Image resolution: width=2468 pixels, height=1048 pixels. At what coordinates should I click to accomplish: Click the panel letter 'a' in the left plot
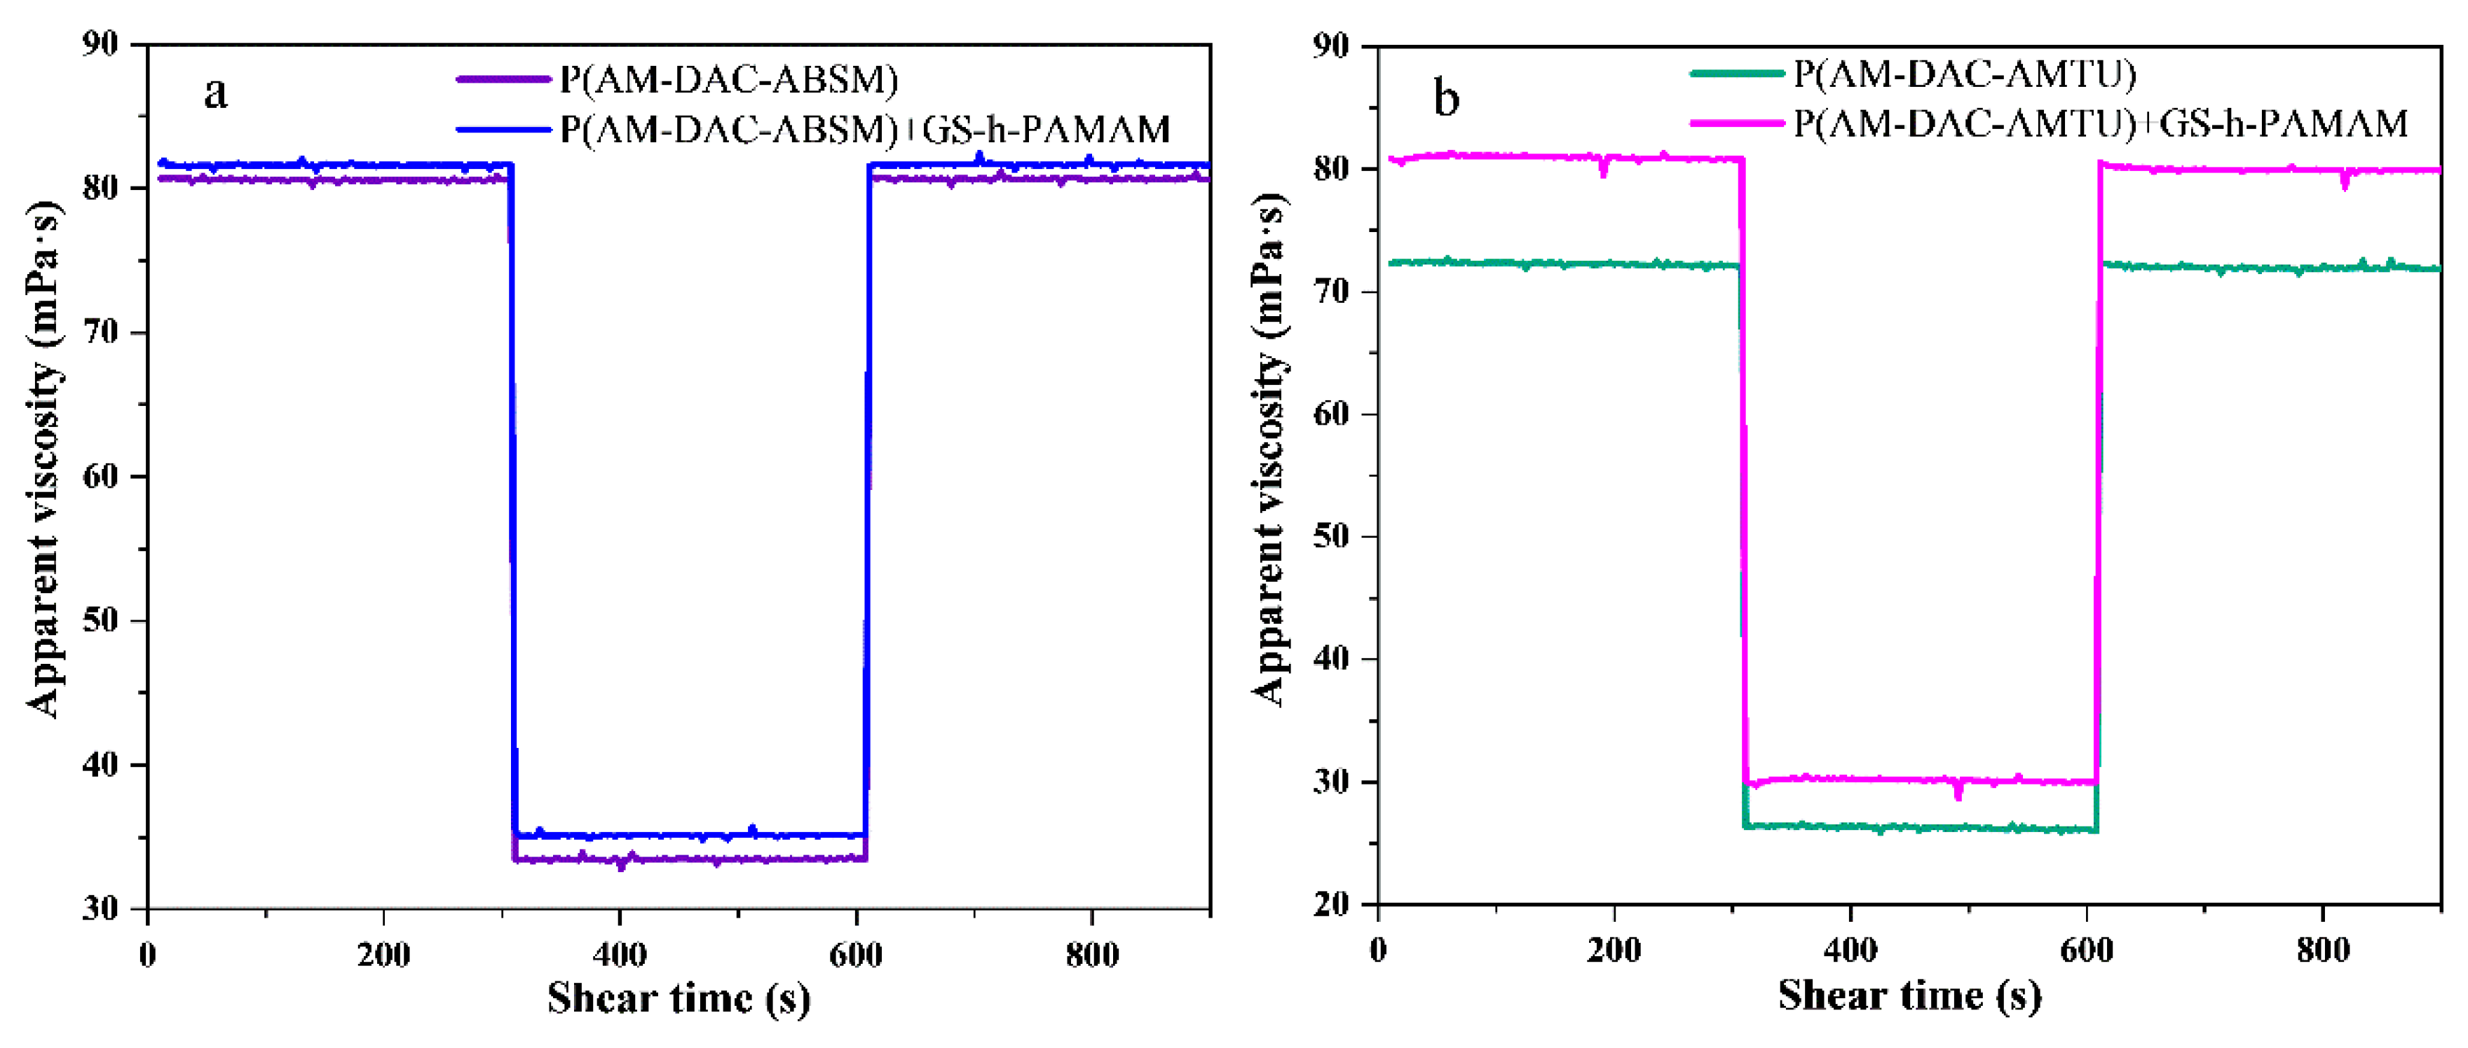click(217, 94)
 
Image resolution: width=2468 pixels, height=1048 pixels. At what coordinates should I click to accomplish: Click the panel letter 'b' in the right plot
click(1447, 100)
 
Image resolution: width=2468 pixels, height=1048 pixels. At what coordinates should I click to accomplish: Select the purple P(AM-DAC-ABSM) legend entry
click(728, 79)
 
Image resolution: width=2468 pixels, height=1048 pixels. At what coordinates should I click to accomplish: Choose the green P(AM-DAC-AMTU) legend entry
click(1964, 74)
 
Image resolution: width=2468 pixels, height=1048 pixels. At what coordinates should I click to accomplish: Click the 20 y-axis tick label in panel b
click(1332, 904)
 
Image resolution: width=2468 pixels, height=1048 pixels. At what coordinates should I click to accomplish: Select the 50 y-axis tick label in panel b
click(1332, 536)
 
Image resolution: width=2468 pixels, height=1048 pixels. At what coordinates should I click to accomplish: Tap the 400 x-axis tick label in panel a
click(620, 955)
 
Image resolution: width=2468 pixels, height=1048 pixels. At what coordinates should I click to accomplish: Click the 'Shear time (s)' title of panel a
click(679, 999)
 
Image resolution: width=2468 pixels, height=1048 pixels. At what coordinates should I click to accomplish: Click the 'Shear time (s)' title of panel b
click(1909, 996)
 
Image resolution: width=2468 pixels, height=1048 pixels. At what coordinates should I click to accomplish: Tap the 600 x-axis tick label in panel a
click(856, 955)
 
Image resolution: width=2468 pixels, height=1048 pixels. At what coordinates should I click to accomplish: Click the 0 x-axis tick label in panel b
click(1378, 951)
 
